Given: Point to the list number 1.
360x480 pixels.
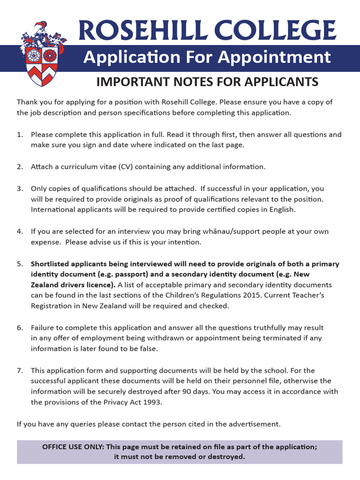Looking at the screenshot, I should (x=20, y=135).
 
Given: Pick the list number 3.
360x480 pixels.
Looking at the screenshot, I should (x=20, y=188).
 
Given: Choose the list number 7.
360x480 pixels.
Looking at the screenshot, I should (x=20, y=370).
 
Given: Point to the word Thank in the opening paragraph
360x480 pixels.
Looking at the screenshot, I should (x=27, y=102).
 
